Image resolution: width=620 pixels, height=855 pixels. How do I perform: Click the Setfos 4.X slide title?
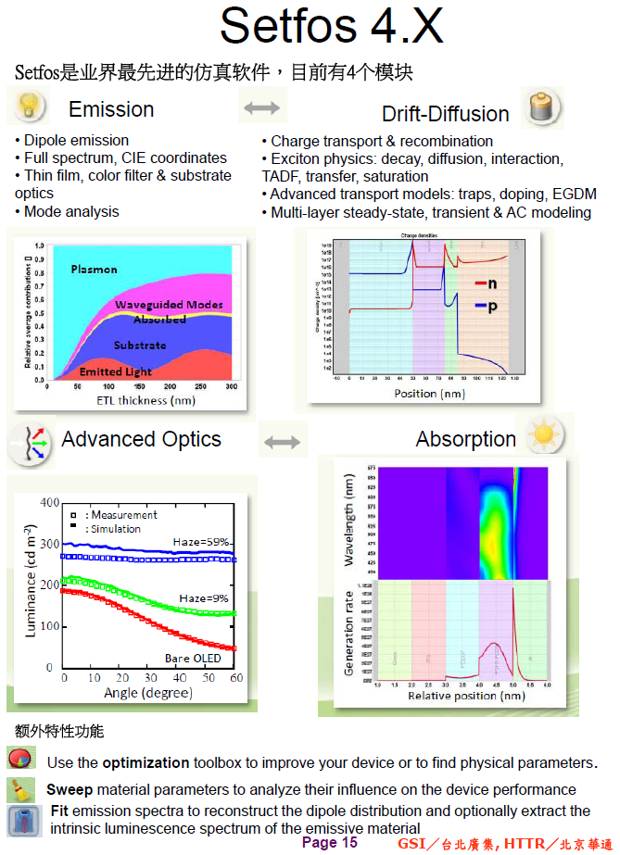point(331,26)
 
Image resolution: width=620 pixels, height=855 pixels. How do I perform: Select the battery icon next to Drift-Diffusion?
point(539,108)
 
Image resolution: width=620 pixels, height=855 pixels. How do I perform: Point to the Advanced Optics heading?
point(141,439)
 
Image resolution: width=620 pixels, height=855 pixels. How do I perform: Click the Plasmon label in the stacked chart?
point(95,270)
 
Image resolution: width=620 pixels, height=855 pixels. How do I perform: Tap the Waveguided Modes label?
point(169,305)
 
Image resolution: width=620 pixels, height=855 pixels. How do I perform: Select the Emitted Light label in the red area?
point(114,371)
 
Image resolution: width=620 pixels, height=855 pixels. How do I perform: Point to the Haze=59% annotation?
point(201,542)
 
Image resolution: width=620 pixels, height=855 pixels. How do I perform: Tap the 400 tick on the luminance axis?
point(49,502)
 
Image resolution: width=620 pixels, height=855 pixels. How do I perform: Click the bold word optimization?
point(146,762)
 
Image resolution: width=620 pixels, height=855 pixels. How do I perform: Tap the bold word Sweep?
point(69,789)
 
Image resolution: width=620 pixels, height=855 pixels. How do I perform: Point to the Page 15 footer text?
point(329,842)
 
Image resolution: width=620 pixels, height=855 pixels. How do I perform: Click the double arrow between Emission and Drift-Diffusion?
point(261,108)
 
